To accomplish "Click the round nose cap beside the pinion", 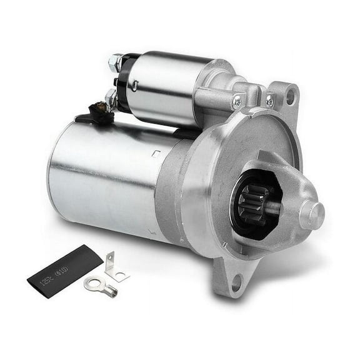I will [311, 214].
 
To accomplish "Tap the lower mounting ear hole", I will [237, 287].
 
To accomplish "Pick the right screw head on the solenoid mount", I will [269, 100].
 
